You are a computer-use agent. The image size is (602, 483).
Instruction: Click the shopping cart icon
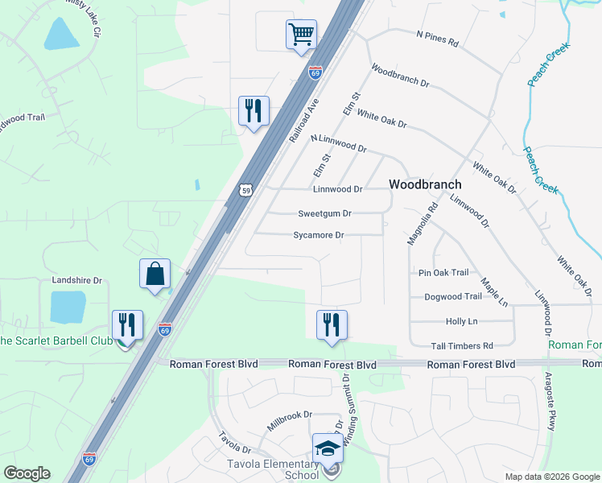301,35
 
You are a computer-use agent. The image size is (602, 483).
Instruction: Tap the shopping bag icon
155,274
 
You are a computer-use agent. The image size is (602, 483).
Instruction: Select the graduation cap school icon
328,448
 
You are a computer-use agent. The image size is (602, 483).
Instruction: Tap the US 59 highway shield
246,190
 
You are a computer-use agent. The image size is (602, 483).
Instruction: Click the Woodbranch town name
424,184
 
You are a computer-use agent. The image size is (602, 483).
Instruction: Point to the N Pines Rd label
437,39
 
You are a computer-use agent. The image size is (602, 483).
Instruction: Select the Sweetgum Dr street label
324,214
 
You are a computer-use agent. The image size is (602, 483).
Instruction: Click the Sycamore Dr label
319,236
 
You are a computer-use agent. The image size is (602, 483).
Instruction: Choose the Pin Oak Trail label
443,273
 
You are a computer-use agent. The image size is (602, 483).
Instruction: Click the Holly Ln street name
461,321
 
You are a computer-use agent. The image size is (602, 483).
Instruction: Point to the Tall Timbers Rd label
461,345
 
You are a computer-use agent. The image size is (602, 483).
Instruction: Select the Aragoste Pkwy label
550,402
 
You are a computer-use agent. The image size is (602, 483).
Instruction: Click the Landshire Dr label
77,281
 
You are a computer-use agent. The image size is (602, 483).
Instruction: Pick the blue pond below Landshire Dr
67,307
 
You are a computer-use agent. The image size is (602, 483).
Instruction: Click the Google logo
27,473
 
